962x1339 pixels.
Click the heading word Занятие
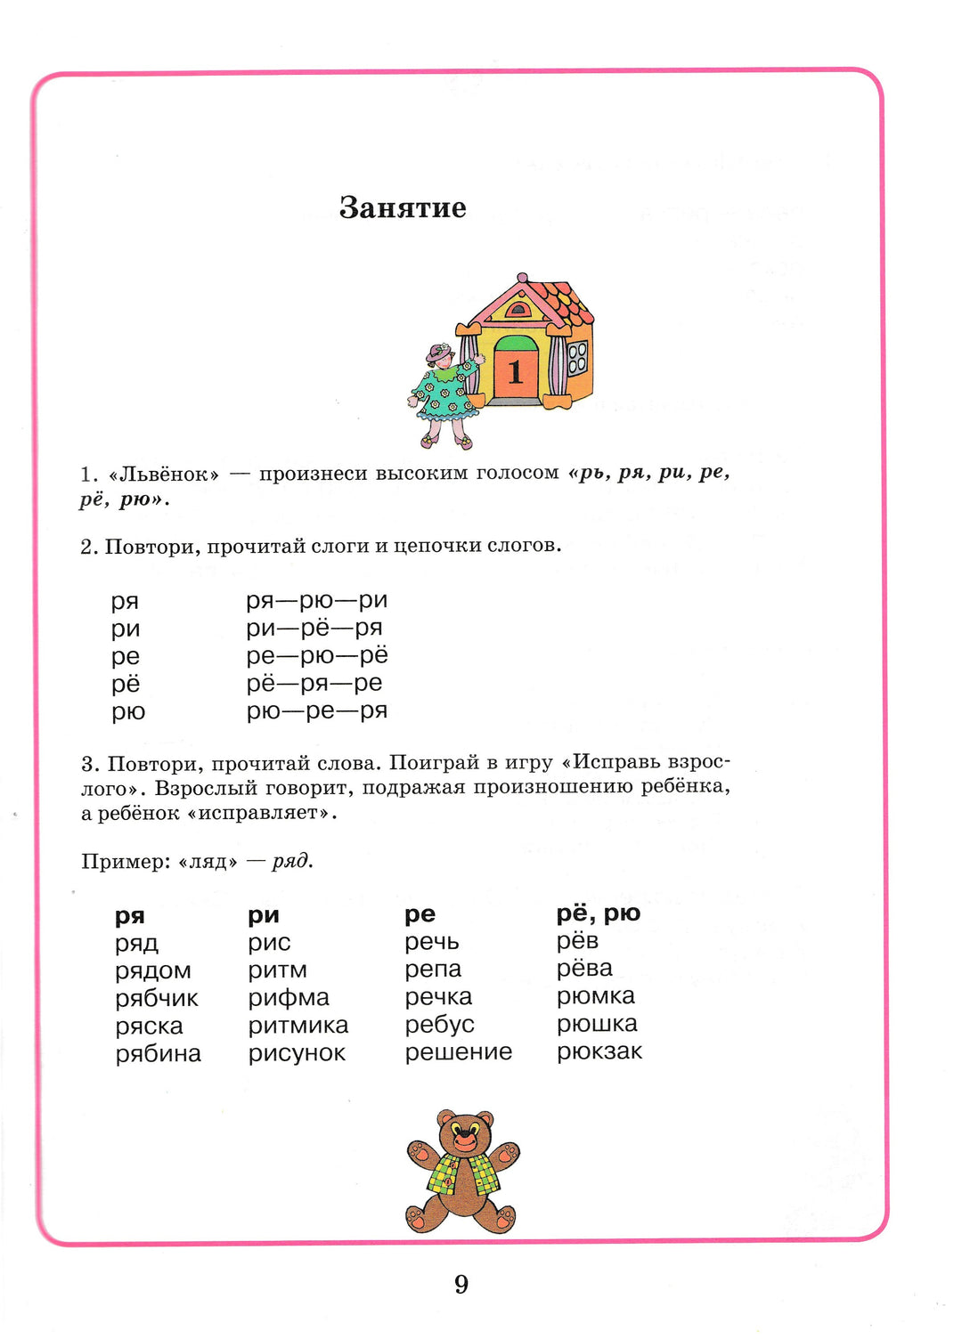[x=403, y=207]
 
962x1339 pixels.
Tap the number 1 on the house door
[x=515, y=371]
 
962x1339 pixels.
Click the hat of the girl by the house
[x=439, y=353]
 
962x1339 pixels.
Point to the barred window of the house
[x=577, y=357]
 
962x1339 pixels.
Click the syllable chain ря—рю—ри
[x=316, y=600]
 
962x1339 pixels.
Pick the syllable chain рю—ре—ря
[x=316, y=710]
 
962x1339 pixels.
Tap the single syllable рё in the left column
[x=126, y=684]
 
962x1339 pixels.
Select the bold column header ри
[x=264, y=915]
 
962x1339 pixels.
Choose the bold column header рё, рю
[x=598, y=913]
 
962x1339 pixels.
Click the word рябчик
[x=157, y=998]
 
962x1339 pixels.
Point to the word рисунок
[x=297, y=1053]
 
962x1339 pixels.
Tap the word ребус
[x=439, y=1025]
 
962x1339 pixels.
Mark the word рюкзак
[x=599, y=1051]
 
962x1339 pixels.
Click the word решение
[x=458, y=1052]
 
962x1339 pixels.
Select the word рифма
[x=289, y=998]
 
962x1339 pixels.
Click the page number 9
[x=461, y=1284]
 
